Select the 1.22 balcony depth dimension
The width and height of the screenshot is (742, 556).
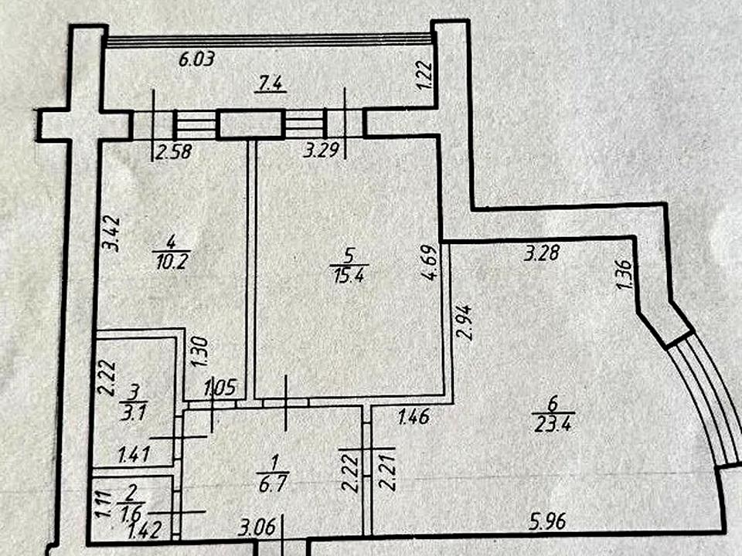423,75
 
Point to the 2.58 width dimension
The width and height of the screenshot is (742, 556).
173,152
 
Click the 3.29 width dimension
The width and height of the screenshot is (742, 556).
318,152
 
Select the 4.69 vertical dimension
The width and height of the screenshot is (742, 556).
434,264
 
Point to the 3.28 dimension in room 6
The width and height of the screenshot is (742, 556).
541,253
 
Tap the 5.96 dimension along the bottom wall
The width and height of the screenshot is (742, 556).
548,521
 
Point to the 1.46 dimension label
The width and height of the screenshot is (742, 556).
414,419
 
